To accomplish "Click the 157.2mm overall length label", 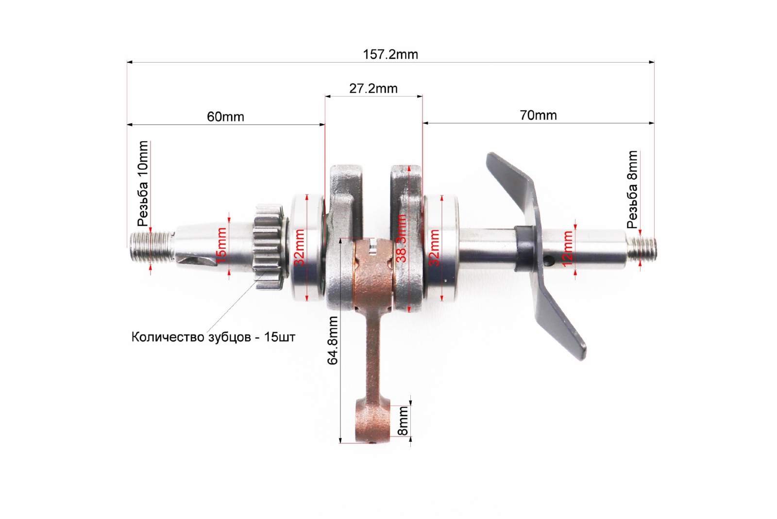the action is pos(390,55).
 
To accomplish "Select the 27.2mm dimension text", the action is pos(373,89).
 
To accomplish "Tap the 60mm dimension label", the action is pos(225,117).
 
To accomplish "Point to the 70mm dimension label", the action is pos(539,115).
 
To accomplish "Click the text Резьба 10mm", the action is pos(143,184).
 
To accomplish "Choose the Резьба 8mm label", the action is pos(632,190).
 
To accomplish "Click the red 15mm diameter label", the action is pos(221,245).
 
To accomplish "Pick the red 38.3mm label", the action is pos(401,238).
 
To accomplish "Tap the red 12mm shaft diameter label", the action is pos(568,249).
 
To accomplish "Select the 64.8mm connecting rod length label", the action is pos(333,340).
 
